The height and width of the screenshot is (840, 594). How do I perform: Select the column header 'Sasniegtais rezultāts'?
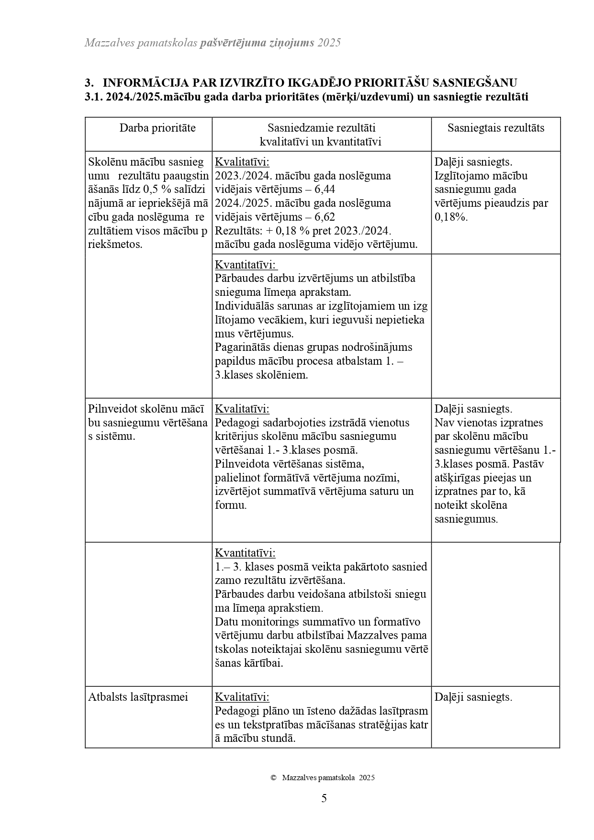point(495,128)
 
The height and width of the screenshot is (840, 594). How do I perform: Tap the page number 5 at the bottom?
point(324,798)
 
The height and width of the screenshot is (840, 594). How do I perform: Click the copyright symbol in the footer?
point(273,778)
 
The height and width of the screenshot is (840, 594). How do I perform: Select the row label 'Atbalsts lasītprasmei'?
point(138,697)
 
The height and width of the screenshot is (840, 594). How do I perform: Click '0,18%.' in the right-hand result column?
point(451,217)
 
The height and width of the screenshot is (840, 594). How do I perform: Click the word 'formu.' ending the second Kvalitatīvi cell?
point(231,505)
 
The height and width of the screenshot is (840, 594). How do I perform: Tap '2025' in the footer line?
point(367,778)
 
